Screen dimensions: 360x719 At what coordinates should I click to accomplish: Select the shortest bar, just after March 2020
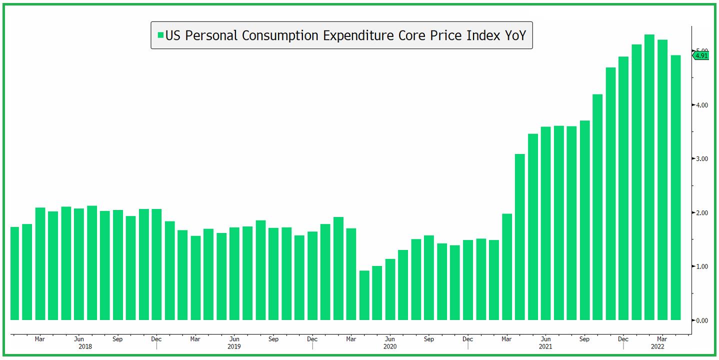364,295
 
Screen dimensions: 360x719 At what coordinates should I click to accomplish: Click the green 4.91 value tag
701,55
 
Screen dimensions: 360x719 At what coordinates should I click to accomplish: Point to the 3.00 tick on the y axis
702,159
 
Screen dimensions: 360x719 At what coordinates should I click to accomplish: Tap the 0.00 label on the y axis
702,320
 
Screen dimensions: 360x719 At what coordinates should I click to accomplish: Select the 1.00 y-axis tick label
702,266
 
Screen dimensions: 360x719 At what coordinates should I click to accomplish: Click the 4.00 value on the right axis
702,105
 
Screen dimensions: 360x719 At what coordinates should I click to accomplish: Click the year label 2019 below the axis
234,346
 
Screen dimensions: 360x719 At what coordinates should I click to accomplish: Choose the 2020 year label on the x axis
390,346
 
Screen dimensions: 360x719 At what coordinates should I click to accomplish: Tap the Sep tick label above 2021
584,339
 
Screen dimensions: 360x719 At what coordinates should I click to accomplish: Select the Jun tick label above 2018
78,339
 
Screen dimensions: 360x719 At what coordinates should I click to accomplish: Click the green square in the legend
160,35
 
